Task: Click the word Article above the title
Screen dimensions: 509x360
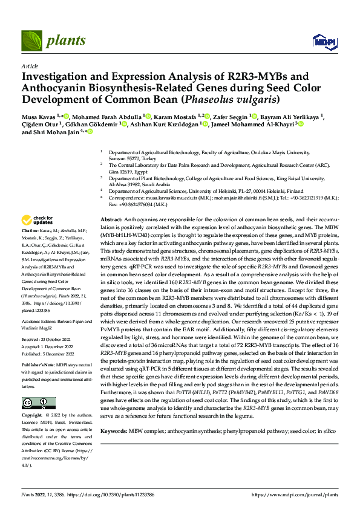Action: tap(29, 65)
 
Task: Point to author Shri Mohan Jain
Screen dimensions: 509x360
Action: tap(56, 131)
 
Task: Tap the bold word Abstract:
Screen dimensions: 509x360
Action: tap(112, 219)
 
